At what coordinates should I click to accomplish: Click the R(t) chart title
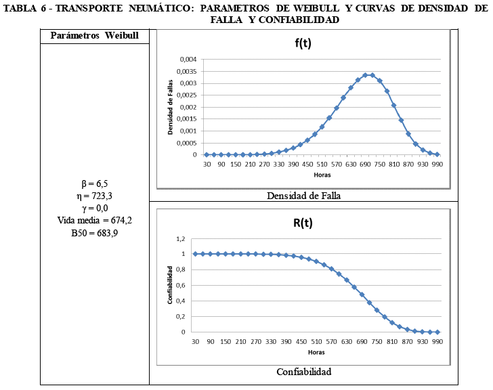tap(302, 222)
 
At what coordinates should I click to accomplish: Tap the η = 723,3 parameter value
tap(94, 196)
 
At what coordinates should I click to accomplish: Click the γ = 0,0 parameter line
tap(94, 208)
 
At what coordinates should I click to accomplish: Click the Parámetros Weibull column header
tap(94, 35)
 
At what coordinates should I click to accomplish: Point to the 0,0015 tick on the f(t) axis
tap(186, 118)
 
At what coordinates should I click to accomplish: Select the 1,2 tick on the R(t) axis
tap(179, 238)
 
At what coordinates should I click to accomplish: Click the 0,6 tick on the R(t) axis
tap(179, 285)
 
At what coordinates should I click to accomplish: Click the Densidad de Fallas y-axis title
tap(171, 107)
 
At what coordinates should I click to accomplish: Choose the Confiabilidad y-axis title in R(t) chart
tap(171, 285)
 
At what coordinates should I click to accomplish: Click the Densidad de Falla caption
tap(303, 195)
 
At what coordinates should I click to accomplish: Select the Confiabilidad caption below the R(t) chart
tap(303, 372)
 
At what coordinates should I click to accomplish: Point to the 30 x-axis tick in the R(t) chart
tap(196, 341)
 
